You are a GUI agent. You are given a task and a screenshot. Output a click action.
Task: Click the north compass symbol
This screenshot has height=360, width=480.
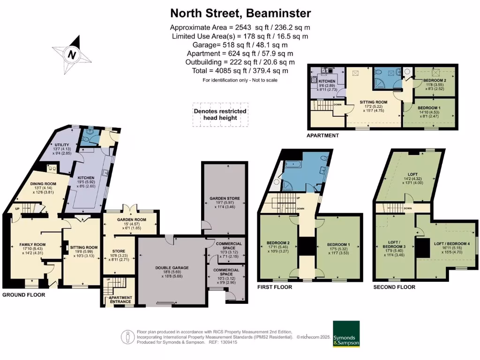click(72, 54)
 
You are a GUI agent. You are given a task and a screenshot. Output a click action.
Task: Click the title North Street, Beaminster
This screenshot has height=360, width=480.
click(240, 13)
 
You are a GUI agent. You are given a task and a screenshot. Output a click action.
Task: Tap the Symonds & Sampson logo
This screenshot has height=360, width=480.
click(346, 334)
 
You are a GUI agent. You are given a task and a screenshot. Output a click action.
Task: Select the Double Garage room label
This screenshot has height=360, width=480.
click(172, 268)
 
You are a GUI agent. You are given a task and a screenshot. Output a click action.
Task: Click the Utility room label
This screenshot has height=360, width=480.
click(62, 144)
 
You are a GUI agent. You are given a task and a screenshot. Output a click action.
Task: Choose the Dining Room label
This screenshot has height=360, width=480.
click(43, 183)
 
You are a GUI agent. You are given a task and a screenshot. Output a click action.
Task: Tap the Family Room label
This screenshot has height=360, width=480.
click(32, 244)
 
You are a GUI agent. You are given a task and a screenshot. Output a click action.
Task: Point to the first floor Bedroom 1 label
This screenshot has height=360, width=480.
click(338, 245)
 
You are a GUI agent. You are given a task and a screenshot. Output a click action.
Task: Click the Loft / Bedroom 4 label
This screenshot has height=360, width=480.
click(451, 244)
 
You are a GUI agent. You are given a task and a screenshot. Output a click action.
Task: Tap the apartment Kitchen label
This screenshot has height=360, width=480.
click(327, 81)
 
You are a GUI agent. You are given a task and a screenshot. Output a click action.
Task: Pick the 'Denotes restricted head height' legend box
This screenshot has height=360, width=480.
click(220, 114)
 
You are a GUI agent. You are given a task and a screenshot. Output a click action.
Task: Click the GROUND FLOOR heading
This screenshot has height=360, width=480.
click(24, 295)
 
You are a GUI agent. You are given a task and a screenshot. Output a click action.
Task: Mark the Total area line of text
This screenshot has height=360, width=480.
click(240, 71)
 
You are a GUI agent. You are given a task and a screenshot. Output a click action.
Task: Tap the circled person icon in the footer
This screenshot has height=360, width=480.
click(127, 337)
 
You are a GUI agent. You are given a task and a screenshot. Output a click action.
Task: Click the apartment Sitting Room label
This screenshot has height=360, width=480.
click(373, 102)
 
